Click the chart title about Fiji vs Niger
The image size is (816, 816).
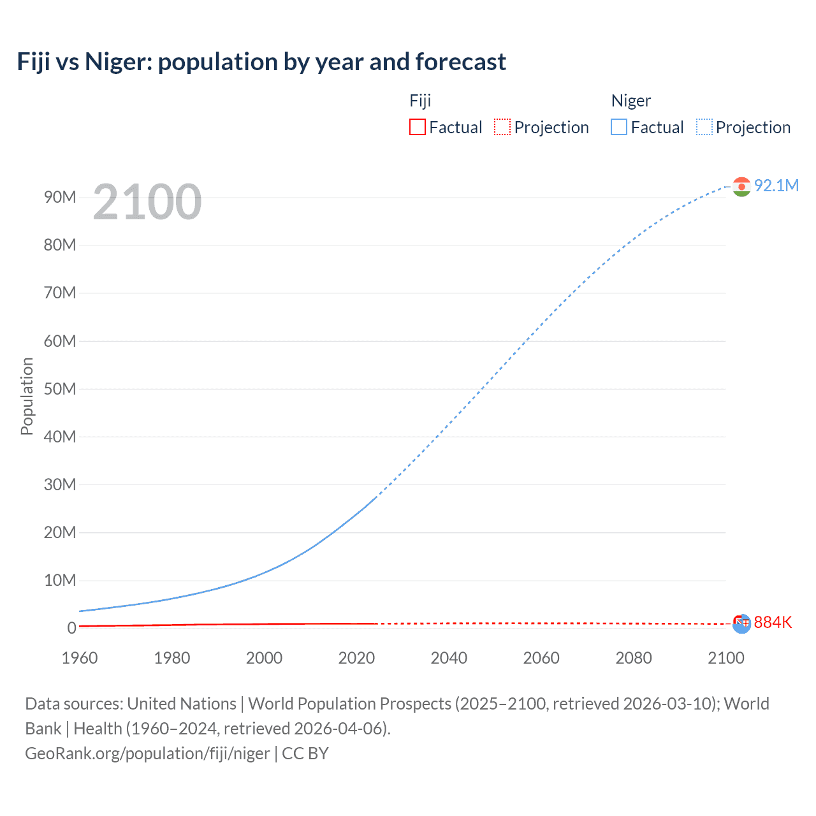(261, 62)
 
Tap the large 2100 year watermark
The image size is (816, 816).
(147, 202)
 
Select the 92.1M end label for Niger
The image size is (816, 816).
(776, 186)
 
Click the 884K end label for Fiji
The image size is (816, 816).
(773, 622)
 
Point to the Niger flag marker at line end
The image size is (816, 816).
(741, 186)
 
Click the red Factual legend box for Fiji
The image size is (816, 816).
(417, 127)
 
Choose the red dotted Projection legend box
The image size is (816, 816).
(502, 127)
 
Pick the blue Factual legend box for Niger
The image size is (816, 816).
(618, 127)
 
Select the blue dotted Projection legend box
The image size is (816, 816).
(704, 127)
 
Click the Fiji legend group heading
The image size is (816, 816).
(420, 101)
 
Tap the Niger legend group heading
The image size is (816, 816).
(630, 101)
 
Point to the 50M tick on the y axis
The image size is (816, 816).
(60, 389)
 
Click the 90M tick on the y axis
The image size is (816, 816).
(60, 197)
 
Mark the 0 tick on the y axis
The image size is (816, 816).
(71, 628)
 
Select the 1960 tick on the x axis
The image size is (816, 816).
(80, 658)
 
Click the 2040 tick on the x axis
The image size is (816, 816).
(449, 658)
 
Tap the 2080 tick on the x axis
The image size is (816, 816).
(634, 658)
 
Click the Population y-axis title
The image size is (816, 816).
(27, 396)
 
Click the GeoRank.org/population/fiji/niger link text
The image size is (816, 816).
(147, 754)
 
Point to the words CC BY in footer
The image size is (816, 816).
(305, 754)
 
